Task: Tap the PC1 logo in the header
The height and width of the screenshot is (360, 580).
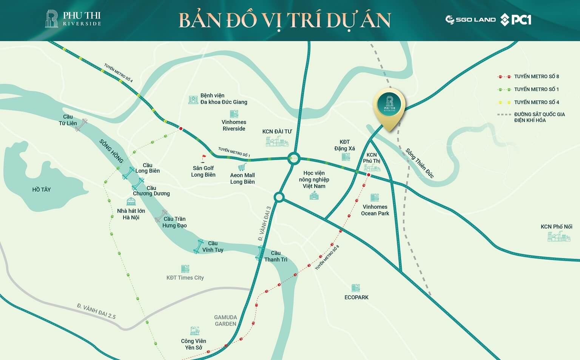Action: pyautogui.click(x=516, y=20)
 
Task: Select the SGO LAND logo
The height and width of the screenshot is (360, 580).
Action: pyautogui.click(x=470, y=20)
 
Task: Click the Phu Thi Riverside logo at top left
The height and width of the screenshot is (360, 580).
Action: pyautogui.click(x=73, y=19)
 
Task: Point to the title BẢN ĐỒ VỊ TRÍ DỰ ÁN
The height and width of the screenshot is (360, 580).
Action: pyautogui.click(x=284, y=20)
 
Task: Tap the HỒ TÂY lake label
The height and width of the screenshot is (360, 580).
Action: pyautogui.click(x=42, y=189)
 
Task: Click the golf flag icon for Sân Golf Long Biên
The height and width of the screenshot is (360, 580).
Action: pyautogui.click(x=204, y=158)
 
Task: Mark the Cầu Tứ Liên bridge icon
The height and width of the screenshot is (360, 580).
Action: pyautogui.click(x=81, y=125)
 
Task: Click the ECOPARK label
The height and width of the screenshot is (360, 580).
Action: pyautogui.click(x=356, y=297)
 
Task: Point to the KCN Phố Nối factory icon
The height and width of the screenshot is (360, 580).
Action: pyautogui.click(x=559, y=237)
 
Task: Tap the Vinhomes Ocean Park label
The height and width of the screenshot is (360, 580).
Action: pyautogui.click(x=375, y=210)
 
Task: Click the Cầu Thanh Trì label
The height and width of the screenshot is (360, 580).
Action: pyautogui.click(x=276, y=256)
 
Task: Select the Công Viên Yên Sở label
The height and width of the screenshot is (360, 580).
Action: pyautogui.click(x=193, y=344)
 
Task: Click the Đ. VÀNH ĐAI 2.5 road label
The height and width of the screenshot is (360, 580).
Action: pyautogui.click(x=96, y=311)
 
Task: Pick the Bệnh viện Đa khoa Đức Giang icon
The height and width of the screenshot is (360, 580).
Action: pyautogui.click(x=193, y=100)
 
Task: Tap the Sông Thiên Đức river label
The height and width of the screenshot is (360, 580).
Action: pyautogui.click(x=420, y=163)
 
